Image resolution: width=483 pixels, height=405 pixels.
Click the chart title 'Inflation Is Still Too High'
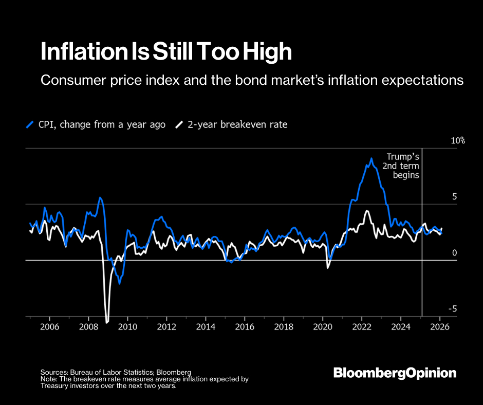click(x=166, y=52)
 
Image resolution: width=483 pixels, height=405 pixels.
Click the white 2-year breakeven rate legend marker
click(x=179, y=125)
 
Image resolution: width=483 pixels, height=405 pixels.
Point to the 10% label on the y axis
click(x=458, y=140)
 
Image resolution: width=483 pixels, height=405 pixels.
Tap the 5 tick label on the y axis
click(x=454, y=196)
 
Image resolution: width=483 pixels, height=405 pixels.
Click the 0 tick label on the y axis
click(x=454, y=252)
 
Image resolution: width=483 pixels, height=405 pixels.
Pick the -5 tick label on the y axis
click(x=453, y=309)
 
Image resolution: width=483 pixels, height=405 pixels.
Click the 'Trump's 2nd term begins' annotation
click(x=403, y=165)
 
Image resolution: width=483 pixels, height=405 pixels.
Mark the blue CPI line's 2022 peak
click(x=371, y=158)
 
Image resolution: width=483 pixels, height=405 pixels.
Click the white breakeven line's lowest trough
click(x=107, y=322)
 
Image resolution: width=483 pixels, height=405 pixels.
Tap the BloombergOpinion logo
click(x=395, y=373)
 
